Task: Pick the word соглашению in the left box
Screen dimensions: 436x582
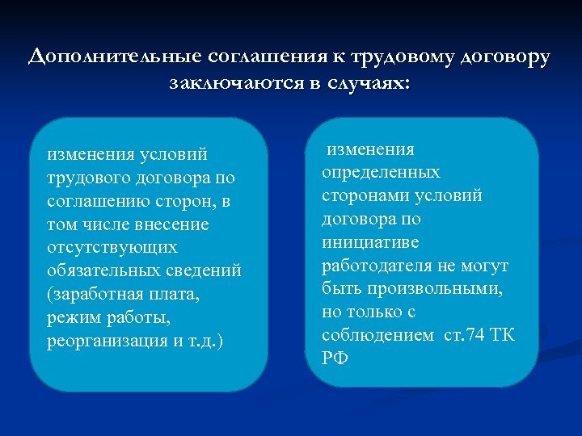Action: pyautogui.click(x=96, y=200)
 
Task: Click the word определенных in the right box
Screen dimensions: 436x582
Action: pyautogui.click(x=382, y=172)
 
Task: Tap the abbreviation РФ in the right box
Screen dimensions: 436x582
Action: pyautogui.click(x=335, y=358)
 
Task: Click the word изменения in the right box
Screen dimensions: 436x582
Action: pyautogui.click(x=370, y=149)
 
